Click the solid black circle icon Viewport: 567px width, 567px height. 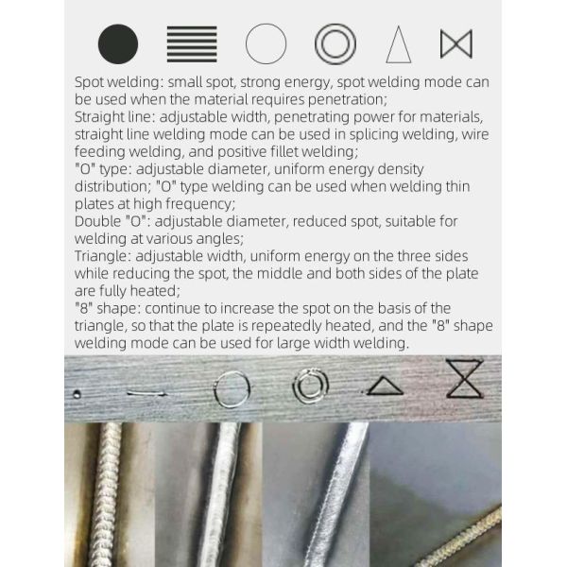118,44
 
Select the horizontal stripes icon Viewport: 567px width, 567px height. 192,44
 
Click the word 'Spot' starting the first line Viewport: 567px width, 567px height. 90,82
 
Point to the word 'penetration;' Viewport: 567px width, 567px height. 348,100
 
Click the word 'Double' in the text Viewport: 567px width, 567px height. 97,221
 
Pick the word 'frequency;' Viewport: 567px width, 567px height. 200,204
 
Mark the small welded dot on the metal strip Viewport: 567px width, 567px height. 77,394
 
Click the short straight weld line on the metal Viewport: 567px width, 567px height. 146,393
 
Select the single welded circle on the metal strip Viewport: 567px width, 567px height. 215,390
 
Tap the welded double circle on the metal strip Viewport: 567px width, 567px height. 294,386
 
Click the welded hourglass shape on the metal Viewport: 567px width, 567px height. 465,379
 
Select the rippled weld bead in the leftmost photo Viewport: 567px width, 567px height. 106,494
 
